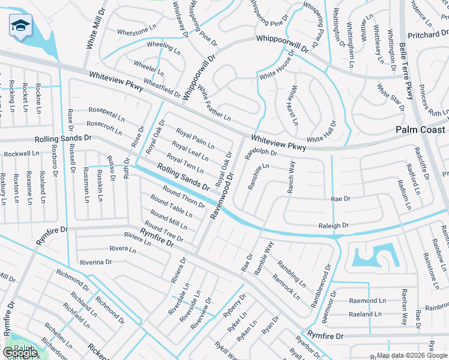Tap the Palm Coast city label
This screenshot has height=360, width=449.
coord(420,130)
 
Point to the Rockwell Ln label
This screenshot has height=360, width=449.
coord(22,154)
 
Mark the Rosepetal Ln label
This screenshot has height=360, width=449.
coord(106,114)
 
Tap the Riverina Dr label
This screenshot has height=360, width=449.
coord(95,262)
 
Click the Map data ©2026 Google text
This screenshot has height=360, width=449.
coord(412,355)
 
